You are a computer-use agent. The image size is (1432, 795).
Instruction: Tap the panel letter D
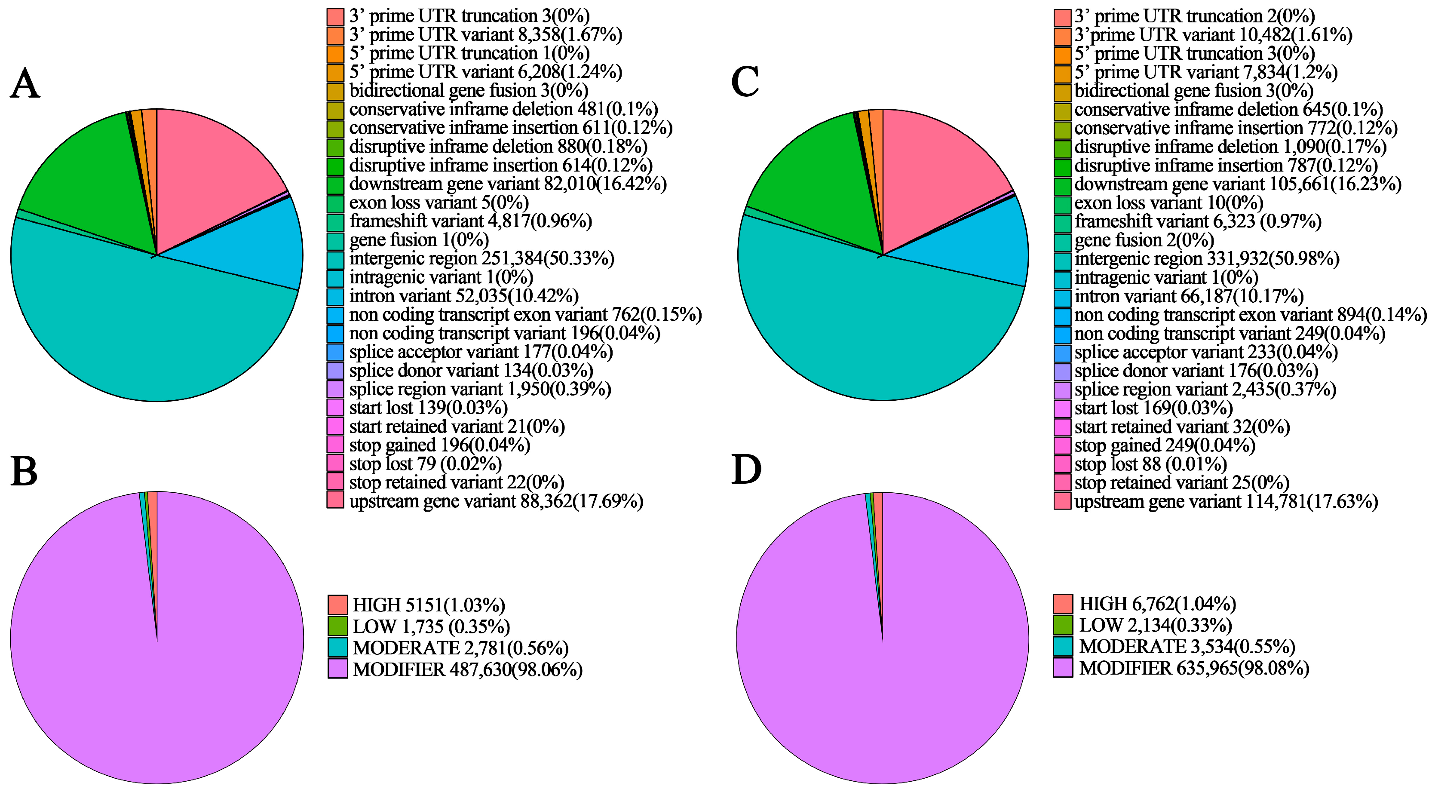click(746, 470)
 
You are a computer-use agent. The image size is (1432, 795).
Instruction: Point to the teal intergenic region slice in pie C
click(867, 334)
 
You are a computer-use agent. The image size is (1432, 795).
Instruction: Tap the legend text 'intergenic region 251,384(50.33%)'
click(481, 258)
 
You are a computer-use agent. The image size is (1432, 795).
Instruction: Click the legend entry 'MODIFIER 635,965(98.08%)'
click(1193, 668)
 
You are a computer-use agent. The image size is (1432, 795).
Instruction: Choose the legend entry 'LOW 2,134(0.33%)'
click(1155, 625)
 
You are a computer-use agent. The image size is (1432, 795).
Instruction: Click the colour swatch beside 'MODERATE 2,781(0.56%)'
click(337, 647)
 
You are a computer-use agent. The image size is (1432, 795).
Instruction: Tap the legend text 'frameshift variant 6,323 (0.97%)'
click(1197, 221)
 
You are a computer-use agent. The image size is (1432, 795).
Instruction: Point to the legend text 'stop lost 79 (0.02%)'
click(425, 463)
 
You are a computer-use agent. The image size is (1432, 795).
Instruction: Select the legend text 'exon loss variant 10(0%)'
click(1168, 203)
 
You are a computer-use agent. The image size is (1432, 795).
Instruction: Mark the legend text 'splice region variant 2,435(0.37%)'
click(1205, 389)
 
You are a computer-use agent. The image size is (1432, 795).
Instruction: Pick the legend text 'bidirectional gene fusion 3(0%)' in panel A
click(468, 90)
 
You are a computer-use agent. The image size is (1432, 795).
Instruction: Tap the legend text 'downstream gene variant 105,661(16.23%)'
click(1237, 184)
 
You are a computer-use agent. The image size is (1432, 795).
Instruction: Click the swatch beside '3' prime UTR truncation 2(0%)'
click(1062, 17)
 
